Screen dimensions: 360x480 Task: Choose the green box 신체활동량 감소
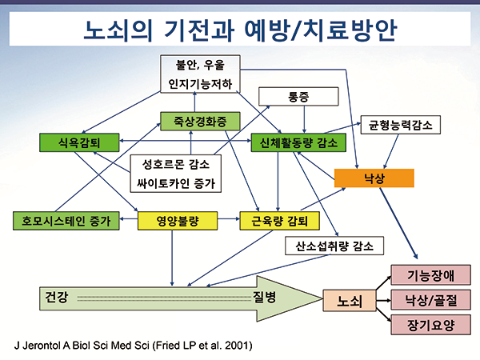298,143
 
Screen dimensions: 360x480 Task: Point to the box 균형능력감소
400,124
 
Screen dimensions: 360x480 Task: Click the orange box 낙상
374,178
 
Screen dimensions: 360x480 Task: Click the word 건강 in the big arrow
57,298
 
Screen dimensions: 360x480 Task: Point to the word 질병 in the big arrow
264,298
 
